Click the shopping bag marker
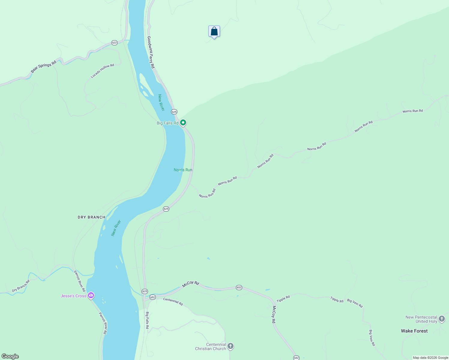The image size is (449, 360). pos(214,31)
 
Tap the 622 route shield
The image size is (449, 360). pos(114,43)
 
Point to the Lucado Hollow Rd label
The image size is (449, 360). pos(102,71)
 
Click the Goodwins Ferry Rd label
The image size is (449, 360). pos(151,52)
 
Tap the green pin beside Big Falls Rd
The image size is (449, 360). pos(183,123)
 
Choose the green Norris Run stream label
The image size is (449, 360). pos(183,170)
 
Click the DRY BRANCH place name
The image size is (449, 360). pos(92,217)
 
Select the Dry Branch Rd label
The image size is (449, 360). pos(21,286)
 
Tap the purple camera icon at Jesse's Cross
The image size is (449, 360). pos(91,295)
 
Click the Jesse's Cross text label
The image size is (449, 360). pos(73,296)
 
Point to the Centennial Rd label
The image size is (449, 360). pos(173,301)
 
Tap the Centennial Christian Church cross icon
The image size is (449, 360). pos(231,346)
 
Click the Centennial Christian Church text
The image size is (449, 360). pos(210,346)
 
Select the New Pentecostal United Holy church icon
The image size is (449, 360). pos(442,319)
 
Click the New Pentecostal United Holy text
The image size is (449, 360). pos(421,319)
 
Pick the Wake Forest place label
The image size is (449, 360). pos(414,331)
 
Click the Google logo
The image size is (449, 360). pos(10,356)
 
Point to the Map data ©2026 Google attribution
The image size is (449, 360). pos(430,358)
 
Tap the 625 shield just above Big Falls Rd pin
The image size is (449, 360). pos(174,112)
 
